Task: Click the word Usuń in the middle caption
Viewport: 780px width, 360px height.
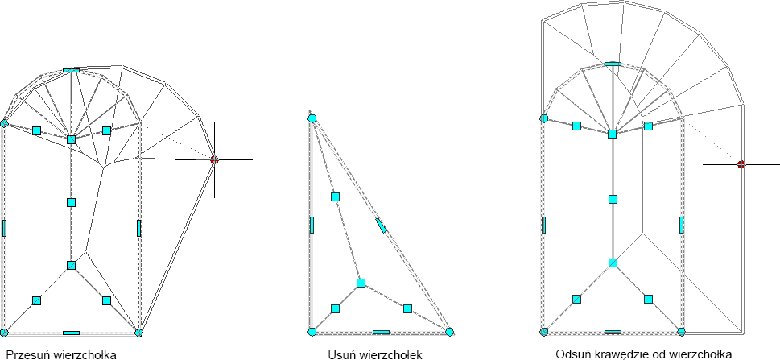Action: coord(342,354)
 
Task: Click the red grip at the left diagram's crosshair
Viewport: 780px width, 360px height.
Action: coord(214,160)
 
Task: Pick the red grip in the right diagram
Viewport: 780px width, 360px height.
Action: coord(741,164)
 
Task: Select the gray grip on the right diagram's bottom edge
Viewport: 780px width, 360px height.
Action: coord(613,332)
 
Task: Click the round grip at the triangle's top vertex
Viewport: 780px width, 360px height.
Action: coord(312,118)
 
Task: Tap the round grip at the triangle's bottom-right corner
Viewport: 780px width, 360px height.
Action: coord(450,331)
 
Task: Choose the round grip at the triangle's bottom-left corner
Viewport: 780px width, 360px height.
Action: coord(312,331)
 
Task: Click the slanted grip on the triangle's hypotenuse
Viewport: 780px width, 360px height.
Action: coord(382,226)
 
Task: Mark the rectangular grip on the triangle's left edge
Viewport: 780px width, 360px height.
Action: coord(312,225)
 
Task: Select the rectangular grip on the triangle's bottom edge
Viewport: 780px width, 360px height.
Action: coord(382,331)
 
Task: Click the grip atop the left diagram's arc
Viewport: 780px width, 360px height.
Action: coord(71,71)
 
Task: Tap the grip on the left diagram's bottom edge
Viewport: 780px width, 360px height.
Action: coord(71,332)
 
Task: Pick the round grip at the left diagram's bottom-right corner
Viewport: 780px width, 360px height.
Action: coord(138,332)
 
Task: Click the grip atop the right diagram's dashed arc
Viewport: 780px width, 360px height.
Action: coord(613,63)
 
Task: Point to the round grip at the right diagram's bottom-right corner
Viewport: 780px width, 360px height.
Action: coord(682,332)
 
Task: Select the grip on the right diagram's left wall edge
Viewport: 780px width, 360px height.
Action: coord(544,225)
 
